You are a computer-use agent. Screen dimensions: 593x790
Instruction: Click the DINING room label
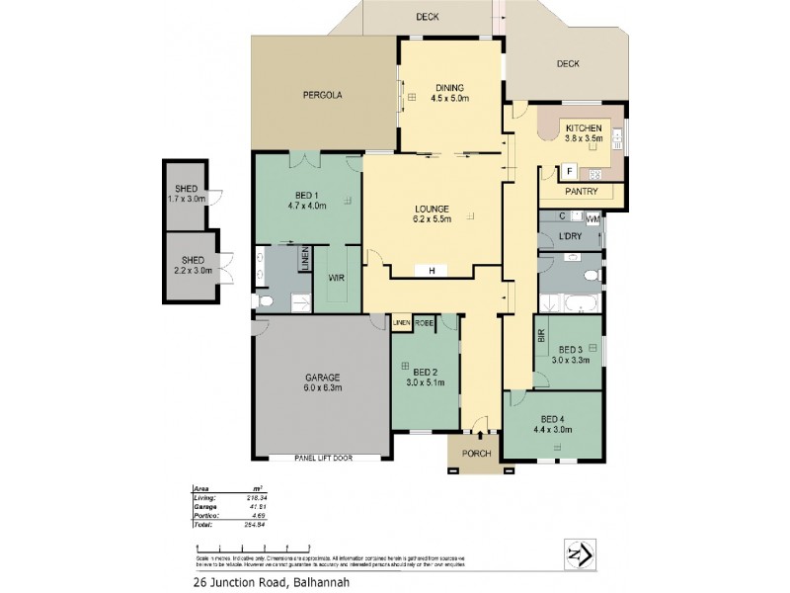click(x=448, y=88)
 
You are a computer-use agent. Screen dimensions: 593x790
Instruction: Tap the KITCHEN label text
click(x=584, y=127)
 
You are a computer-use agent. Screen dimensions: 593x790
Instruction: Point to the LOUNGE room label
click(x=433, y=209)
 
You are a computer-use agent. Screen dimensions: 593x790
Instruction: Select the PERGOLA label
click(x=322, y=96)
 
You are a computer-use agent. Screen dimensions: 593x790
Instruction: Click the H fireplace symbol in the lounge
click(x=432, y=270)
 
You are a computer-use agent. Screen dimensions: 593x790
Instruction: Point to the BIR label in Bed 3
click(x=541, y=337)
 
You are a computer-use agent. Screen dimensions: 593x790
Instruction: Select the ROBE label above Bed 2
click(x=425, y=323)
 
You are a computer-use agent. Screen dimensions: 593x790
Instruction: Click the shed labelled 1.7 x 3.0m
click(x=187, y=194)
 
